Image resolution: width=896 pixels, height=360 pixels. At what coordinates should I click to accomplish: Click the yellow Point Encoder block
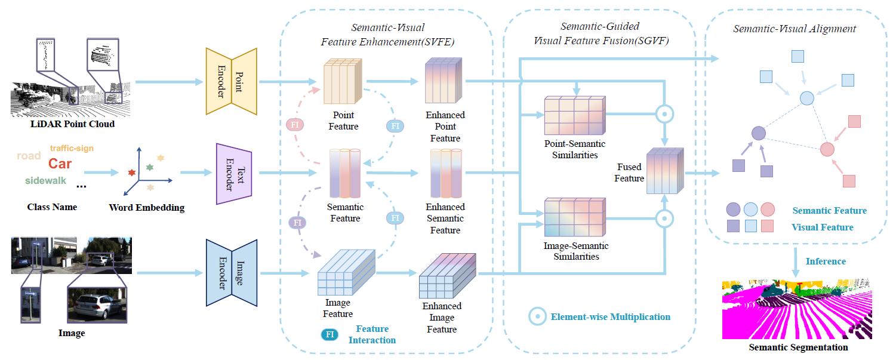tap(231, 81)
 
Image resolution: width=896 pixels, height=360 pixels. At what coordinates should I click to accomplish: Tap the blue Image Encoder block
tap(231, 273)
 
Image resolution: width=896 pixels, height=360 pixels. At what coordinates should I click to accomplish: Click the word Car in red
tap(60, 164)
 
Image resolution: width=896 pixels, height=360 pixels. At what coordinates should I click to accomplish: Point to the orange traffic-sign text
tap(72, 148)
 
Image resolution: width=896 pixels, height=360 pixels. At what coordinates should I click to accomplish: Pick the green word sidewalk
tap(45, 180)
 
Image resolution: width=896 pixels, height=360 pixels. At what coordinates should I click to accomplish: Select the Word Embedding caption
tap(147, 208)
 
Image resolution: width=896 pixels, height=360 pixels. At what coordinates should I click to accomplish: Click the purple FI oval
tap(297, 223)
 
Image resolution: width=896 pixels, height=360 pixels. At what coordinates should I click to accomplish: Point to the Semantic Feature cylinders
tap(345, 173)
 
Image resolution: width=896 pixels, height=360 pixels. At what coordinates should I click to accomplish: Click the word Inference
tap(826, 261)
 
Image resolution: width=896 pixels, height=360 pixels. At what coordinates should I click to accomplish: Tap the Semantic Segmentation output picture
tap(798, 309)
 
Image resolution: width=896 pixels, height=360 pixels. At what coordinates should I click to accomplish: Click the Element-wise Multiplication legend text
tap(610, 316)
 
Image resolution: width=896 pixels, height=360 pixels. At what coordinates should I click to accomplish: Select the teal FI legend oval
tap(330, 335)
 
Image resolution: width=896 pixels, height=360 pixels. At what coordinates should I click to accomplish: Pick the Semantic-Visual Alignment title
tap(795, 29)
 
